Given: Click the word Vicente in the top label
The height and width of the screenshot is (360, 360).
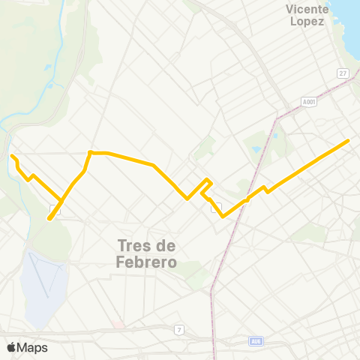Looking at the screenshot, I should point(307,9).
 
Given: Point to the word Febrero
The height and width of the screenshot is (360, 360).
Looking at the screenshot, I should point(147,262).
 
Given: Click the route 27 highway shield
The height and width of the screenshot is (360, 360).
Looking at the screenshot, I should point(343,73).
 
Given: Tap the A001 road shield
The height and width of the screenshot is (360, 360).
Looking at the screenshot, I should point(309,101).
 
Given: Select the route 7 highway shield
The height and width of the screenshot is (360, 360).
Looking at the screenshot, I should point(179,329).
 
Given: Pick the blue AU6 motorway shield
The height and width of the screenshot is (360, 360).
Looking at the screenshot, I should point(256,341).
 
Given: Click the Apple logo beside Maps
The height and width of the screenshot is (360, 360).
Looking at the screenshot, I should point(11,347).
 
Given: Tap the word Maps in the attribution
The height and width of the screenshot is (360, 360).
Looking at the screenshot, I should point(32,347).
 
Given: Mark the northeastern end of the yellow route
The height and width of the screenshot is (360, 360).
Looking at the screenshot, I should point(349,140).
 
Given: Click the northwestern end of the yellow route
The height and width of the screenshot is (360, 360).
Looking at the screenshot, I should point(12,156).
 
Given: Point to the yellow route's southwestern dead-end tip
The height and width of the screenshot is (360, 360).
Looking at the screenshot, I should point(49,218).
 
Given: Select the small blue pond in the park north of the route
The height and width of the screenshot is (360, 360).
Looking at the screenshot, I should point(257,148).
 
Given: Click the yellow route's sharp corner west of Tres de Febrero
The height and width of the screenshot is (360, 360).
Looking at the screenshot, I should point(90,152).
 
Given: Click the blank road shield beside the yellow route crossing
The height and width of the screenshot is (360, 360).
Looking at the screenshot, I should point(55,208).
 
